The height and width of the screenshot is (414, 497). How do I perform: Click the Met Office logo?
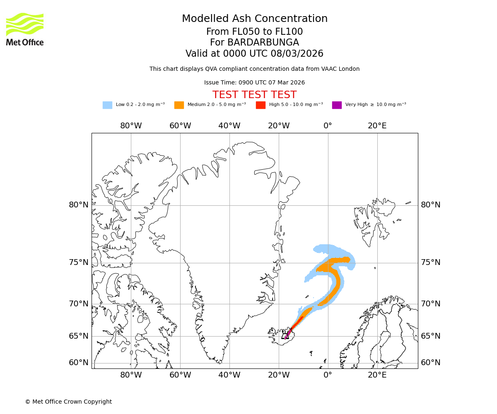25,29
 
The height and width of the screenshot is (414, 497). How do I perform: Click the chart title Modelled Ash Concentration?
254,19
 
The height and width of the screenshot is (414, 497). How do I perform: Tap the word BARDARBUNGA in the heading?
263,43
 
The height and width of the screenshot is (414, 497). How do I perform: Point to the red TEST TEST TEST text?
254,95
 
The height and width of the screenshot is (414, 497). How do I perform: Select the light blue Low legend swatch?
107,105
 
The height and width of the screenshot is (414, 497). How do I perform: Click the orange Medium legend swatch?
179,105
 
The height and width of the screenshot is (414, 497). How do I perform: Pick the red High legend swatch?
261,105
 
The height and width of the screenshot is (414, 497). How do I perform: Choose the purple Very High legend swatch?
337,105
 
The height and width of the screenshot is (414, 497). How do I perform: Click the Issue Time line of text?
254,83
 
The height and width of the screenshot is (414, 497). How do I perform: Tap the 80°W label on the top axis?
131,126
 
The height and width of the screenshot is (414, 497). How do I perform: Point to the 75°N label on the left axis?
79,262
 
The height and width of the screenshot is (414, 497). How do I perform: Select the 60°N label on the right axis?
431,363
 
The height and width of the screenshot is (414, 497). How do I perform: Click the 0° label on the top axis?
328,126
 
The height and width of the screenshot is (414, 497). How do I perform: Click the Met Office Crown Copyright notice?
68,402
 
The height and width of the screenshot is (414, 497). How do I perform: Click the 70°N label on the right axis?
431,304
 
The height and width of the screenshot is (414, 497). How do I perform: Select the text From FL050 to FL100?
254,32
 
